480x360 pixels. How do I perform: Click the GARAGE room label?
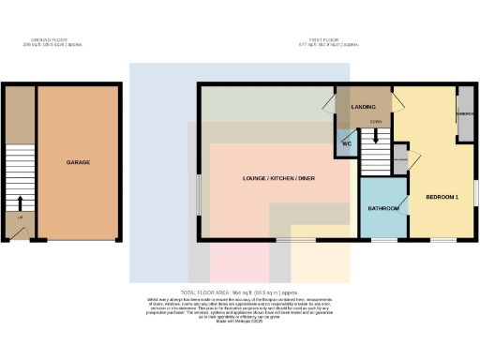[x=78, y=162]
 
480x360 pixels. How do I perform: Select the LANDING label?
[x=363, y=107]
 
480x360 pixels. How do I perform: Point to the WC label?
[x=346, y=143]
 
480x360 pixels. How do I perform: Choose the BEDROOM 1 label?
[x=442, y=198]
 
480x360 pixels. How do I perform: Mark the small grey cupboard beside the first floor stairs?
[x=400, y=159]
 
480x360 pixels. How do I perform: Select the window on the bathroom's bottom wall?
[x=384, y=240]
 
